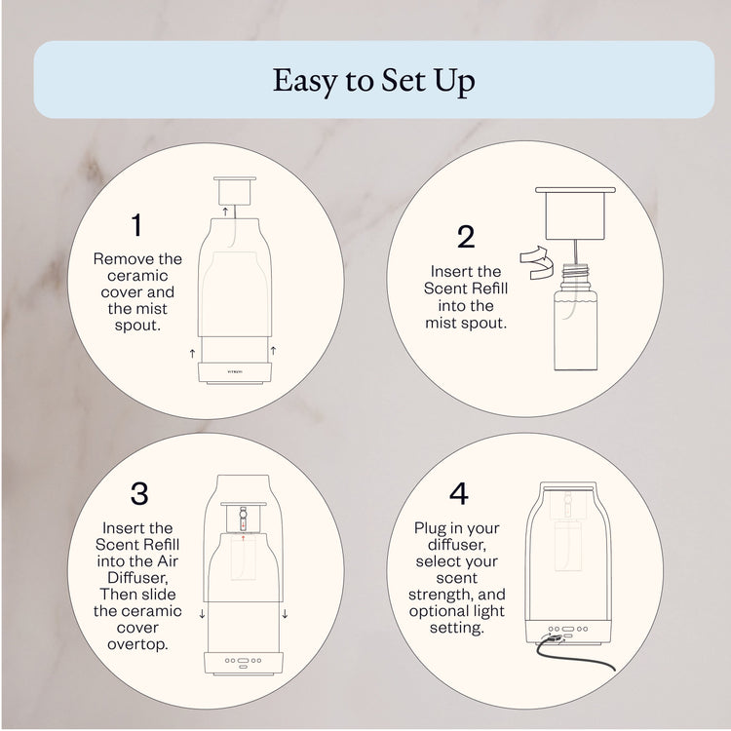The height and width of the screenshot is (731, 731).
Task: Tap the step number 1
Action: tap(136, 226)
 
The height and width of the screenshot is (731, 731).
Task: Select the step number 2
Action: tap(466, 237)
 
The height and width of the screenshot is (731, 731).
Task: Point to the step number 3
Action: tap(138, 493)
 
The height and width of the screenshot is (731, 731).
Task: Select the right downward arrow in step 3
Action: tap(284, 614)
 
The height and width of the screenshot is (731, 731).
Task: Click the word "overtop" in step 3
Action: tap(137, 644)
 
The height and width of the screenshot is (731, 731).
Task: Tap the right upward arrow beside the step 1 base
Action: tap(273, 349)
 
